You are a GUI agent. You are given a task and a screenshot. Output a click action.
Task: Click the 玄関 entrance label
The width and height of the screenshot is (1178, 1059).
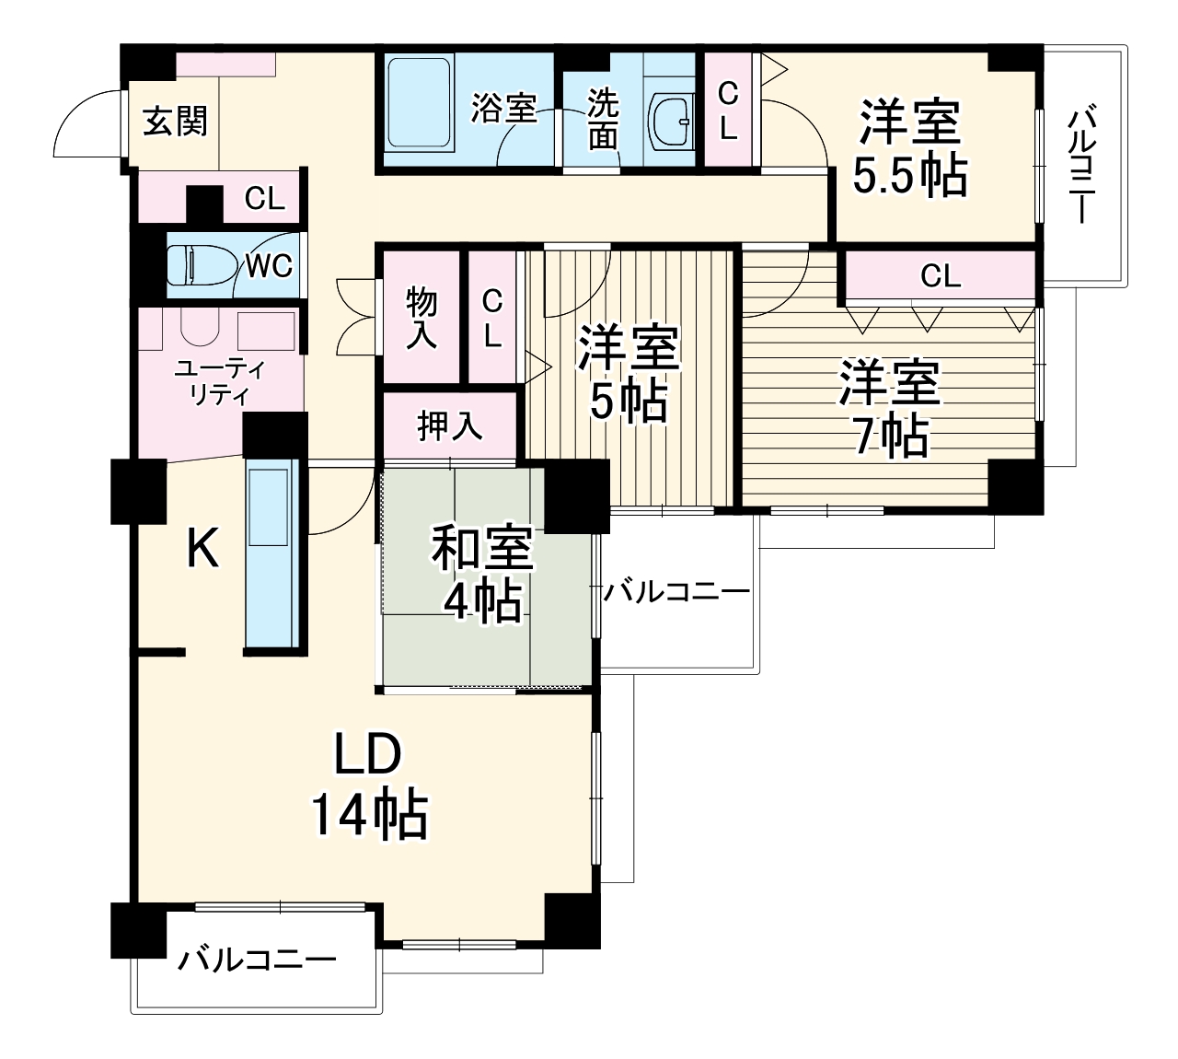175,122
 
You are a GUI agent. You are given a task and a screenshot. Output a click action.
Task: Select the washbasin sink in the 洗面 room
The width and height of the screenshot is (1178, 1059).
673,122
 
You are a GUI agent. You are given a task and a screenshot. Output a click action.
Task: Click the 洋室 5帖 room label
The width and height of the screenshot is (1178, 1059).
629,374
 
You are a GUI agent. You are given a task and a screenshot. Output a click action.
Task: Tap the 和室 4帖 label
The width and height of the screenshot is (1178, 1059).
483,574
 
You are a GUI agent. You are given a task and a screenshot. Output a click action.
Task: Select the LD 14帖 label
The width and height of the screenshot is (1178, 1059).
368,784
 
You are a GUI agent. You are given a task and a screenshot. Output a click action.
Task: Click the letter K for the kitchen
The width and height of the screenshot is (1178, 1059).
202,550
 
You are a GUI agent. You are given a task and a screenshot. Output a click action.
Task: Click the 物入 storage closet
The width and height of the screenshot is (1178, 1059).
422,317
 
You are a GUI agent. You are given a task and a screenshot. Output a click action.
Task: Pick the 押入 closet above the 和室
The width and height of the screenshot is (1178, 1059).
449,425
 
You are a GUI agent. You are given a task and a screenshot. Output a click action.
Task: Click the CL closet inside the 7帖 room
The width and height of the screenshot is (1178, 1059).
940,275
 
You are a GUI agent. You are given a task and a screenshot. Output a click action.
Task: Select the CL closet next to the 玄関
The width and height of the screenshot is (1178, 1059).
264,199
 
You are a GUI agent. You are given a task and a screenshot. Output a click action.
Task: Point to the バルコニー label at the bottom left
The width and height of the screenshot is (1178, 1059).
257,960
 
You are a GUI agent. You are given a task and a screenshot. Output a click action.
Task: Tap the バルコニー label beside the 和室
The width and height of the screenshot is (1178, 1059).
676,590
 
